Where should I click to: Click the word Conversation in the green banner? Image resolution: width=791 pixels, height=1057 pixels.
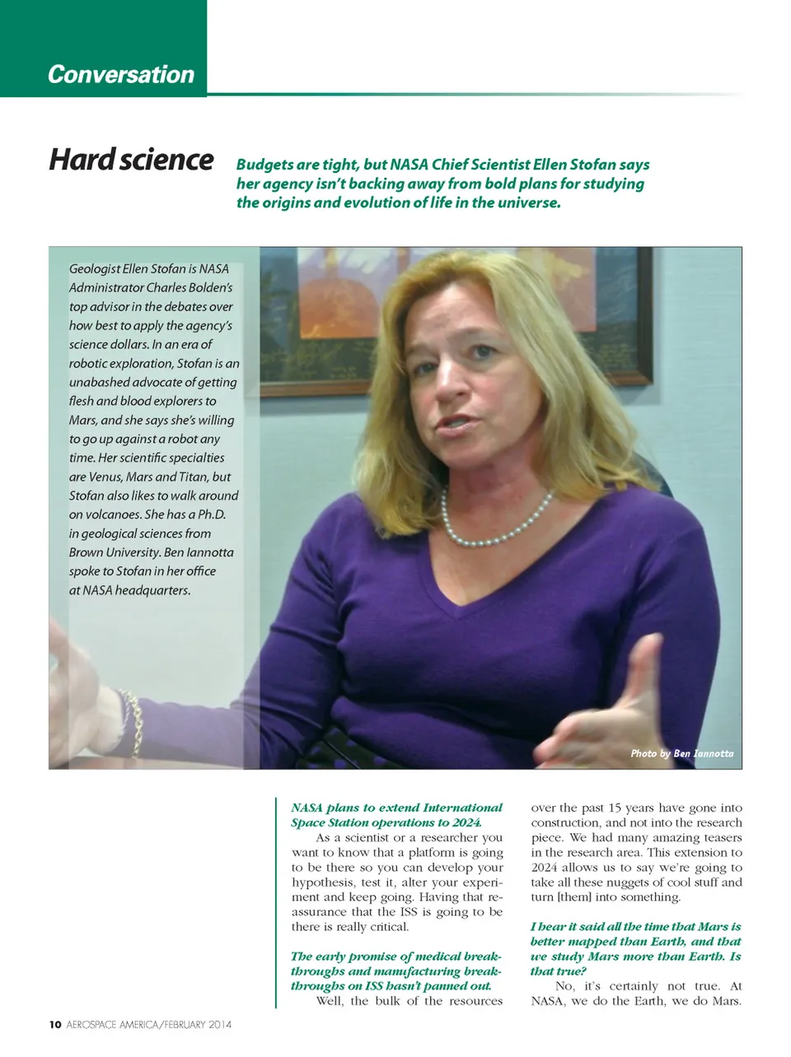121,74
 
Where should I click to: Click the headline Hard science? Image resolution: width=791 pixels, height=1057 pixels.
131,159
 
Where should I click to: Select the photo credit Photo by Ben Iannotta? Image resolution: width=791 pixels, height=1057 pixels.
681,753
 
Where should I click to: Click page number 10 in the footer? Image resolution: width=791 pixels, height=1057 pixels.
55,1025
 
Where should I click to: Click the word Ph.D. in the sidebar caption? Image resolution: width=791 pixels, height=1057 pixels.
212,515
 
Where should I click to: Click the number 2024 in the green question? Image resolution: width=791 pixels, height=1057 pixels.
465,822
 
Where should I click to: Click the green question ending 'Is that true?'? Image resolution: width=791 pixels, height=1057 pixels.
635,948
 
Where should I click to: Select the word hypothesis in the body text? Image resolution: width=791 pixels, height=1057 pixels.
324,882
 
